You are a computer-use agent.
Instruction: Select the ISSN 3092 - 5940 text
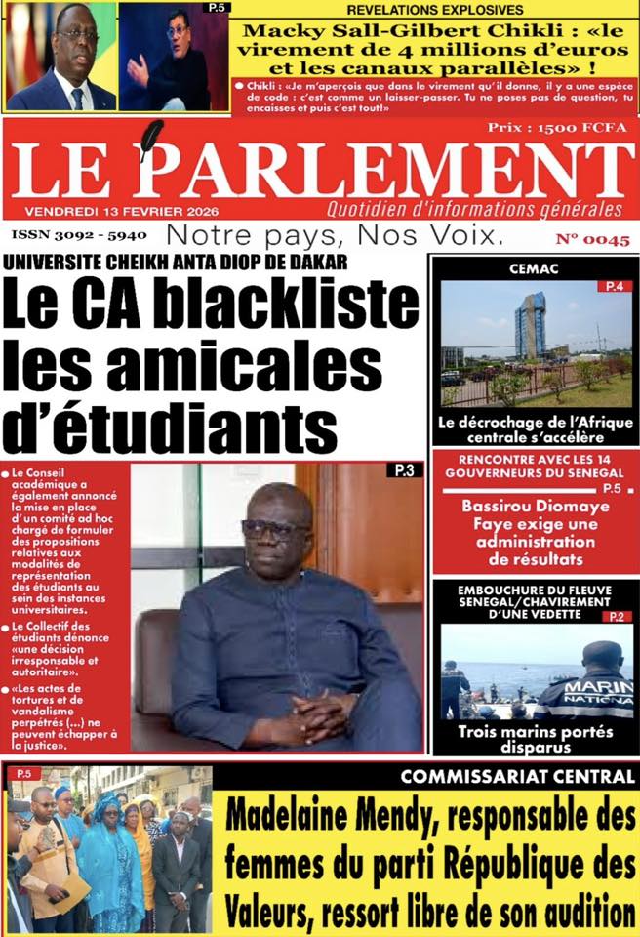tap(78, 235)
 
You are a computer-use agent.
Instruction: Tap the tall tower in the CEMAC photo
tap(530, 326)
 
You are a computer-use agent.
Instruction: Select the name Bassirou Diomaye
tap(536, 507)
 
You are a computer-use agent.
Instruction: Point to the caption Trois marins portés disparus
tap(536, 738)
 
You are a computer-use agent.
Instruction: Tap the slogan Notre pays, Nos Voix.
tap(336, 235)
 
